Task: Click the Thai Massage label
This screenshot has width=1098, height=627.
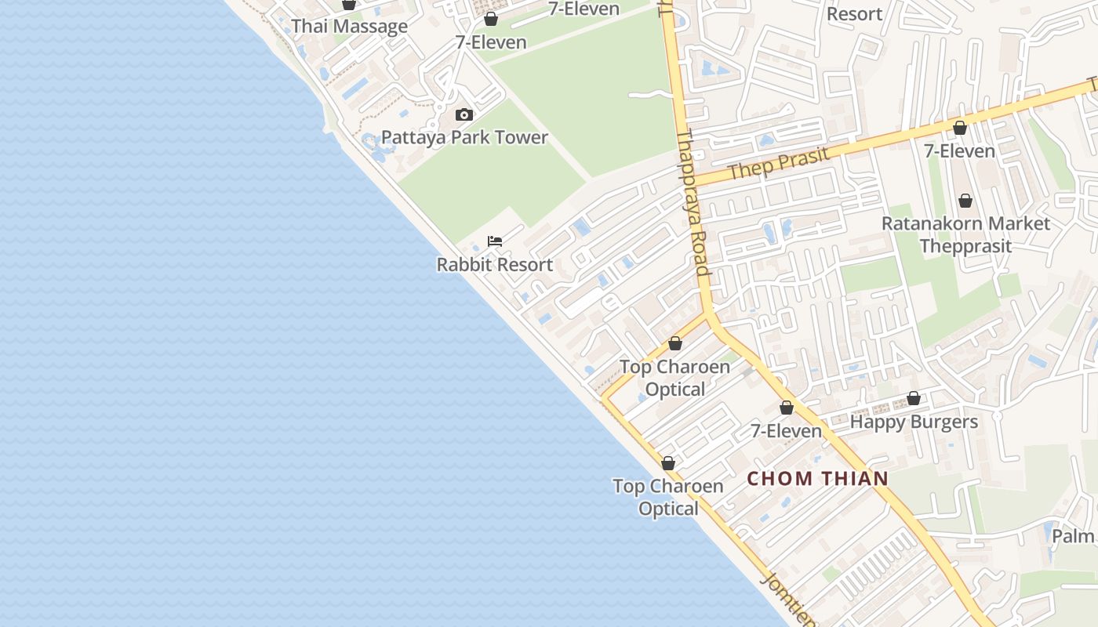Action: tap(350, 26)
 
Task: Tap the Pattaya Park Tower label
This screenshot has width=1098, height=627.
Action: tap(464, 137)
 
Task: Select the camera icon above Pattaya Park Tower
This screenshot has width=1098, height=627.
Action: tap(464, 115)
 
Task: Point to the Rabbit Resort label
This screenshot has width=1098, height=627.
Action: tap(495, 265)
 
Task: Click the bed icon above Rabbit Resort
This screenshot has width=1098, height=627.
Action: tap(495, 241)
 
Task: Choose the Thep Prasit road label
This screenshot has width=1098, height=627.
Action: tap(778, 164)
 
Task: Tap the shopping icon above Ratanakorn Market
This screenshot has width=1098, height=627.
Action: tap(965, 201)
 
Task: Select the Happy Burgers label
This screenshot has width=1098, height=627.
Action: tap(914, 422)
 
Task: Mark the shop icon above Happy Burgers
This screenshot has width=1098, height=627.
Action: tap(914, 399)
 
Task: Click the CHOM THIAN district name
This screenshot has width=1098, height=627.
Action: tap(817, 478)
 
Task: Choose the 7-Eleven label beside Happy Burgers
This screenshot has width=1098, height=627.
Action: tap(786, 431)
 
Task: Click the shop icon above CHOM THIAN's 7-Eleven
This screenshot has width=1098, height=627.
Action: tap(787, 408)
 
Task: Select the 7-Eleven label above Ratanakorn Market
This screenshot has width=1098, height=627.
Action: tap(959, 150)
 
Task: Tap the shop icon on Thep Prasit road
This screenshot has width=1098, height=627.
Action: tap(959, 128)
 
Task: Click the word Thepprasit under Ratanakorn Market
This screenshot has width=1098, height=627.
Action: tap(965, 246)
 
